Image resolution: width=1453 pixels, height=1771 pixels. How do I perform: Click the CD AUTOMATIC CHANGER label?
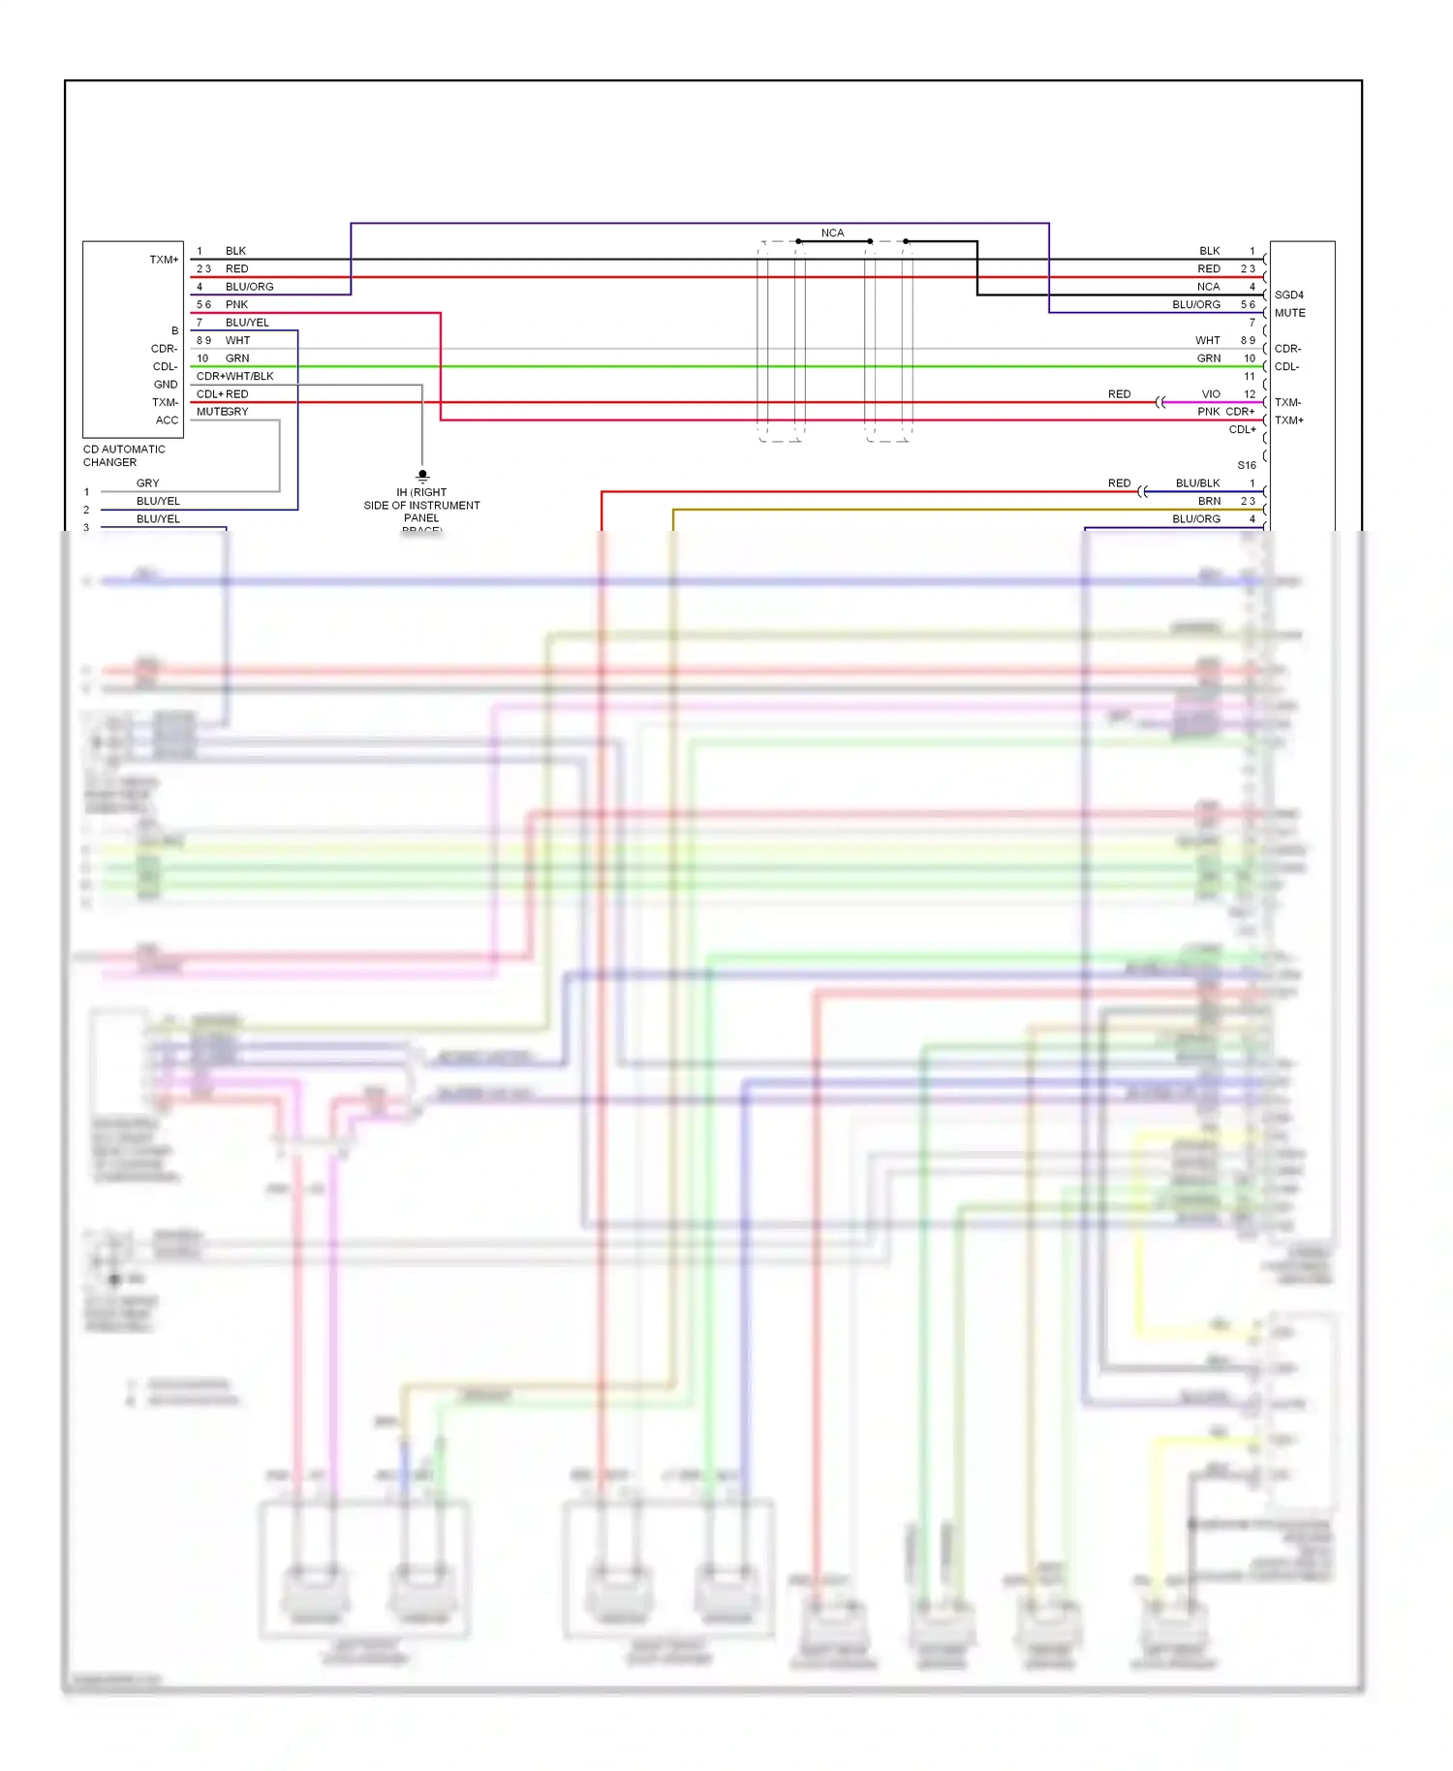123,455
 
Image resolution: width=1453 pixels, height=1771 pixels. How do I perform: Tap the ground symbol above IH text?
422,476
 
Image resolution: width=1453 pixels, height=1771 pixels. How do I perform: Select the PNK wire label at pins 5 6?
236,304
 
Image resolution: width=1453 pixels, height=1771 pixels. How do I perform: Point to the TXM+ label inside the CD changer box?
164,260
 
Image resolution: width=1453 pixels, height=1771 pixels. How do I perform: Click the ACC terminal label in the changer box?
167,420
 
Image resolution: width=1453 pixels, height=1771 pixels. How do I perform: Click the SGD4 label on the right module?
1288,295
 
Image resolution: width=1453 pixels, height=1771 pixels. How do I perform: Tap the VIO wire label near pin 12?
1210,394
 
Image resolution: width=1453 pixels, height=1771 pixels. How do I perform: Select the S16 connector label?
1246,465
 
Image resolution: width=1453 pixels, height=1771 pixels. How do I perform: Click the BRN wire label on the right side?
1209,501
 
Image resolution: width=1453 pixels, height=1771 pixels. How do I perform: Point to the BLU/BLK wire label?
1197,482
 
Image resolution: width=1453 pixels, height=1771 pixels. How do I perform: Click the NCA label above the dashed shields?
832,233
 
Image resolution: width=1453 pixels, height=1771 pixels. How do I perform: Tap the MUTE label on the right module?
1289,313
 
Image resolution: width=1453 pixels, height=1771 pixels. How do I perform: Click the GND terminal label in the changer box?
166,385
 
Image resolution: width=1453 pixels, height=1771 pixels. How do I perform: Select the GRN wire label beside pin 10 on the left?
236,358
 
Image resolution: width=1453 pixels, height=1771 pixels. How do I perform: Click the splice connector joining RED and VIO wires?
1159,402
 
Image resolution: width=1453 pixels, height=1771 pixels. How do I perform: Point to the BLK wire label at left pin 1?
235,251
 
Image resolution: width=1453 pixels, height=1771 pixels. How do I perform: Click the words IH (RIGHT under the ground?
421,492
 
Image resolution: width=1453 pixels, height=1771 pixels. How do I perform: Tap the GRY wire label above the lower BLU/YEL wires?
147,482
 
